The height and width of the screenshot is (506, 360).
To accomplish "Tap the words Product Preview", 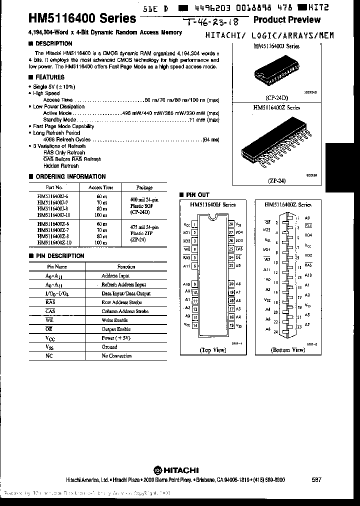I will tap(286, 19).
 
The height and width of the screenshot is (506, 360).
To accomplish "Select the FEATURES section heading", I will tap(49, 77).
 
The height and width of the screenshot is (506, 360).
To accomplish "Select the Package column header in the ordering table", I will tap(144, 187).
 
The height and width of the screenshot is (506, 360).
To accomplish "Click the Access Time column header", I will tap(101, 187).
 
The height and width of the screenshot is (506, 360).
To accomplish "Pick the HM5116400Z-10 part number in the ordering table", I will tap(54, 242).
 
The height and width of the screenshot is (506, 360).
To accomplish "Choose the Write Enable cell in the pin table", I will tap(114, 320).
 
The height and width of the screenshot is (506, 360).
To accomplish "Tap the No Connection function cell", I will tap(116, 356).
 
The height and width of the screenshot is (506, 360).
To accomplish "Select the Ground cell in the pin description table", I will tap(109, 347).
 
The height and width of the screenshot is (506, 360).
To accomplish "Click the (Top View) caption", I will tap(213, 350).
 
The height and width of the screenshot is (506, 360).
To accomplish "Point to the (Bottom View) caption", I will tap(288, 350).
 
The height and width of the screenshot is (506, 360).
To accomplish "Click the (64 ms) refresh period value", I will tap(210, 139).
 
